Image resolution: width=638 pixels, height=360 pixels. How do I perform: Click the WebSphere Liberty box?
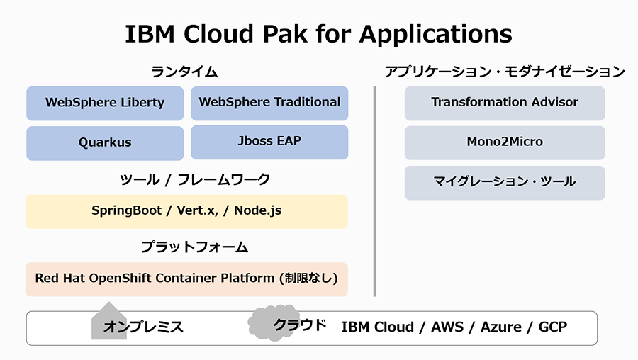pos(105,103)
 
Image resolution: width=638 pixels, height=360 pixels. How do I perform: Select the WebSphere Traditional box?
pos(269,103)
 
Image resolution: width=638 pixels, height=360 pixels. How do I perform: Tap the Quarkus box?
pos(105,143)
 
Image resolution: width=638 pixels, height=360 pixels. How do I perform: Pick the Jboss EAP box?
pos(269,142)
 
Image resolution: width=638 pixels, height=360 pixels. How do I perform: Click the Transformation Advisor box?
pos(505,103)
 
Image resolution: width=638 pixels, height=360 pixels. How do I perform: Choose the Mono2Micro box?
pos(505,142)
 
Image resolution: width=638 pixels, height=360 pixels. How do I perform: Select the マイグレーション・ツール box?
pos(505,183)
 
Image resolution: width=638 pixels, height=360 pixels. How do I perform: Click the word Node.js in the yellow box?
pos(257,210)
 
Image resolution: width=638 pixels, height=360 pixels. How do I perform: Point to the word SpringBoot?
pos(127,210)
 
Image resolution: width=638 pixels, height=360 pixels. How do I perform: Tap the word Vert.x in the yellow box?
pos(196,210)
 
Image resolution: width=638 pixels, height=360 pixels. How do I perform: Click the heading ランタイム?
pos(184,72)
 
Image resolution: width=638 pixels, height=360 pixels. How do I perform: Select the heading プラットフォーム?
pos(194,247)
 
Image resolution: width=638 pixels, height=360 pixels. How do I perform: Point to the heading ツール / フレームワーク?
pos(195,179)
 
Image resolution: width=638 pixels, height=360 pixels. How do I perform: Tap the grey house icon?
pos(109,320)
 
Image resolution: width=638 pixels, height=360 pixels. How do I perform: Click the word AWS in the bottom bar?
pos(447,327)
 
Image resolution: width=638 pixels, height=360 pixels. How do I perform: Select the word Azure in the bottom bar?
pos(501,327)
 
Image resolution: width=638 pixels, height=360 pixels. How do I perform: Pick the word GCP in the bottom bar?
pos(552,327)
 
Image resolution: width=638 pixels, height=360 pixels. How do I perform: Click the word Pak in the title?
pos(285,33)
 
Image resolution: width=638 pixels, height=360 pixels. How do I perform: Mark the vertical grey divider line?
pos(374,191)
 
